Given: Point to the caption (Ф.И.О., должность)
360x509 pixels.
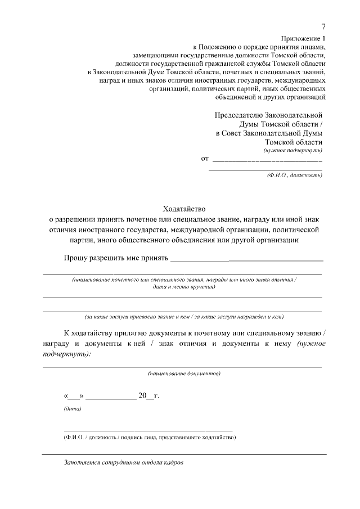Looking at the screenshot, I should point(294,175).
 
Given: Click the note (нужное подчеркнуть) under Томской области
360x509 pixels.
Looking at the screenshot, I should point(292,151).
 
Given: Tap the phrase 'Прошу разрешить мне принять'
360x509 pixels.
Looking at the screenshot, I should point(116,258).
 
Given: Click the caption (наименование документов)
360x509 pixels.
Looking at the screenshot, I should point(184,373).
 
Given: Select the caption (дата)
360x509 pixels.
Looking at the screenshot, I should point(72,408).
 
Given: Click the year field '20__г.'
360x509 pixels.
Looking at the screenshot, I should point(149,396).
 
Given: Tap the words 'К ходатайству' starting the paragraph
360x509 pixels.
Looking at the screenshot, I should point(88,331).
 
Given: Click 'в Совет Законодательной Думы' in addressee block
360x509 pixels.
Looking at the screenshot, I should point(269,133).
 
